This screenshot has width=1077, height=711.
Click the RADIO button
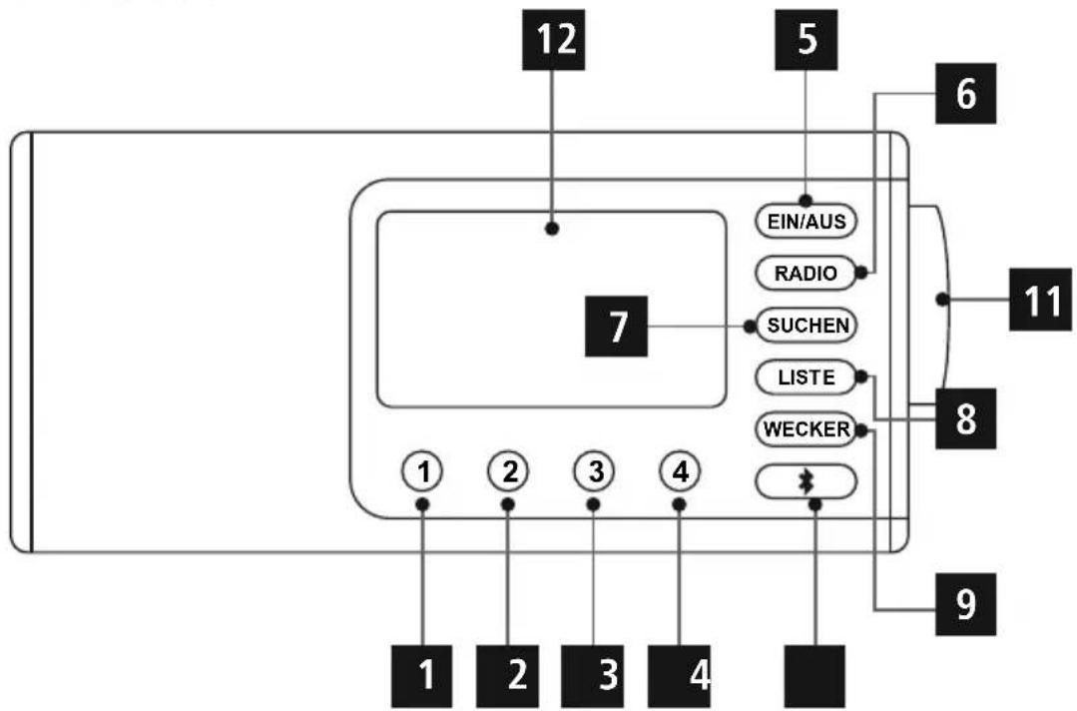[806, 273]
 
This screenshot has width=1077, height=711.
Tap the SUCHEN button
[807, 325]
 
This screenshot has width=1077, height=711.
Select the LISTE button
[807, 377]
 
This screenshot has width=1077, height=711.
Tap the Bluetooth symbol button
[807, 481]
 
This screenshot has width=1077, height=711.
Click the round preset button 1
[423, 472]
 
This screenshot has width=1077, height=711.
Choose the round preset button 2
[508, 472]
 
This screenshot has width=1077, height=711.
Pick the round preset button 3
[595, 472]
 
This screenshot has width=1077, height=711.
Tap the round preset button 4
[680, 472]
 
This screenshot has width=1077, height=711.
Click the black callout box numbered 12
[554, 40]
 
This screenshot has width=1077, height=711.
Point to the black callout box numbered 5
[807, 40]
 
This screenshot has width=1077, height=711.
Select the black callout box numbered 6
[966, 94]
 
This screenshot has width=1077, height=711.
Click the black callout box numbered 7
[616, 327]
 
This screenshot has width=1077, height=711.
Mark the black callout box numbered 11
[1040, 300]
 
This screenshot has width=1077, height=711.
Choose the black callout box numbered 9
[966, 604]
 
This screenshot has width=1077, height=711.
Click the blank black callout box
[815, 676]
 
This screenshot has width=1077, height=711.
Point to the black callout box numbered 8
[966, 418]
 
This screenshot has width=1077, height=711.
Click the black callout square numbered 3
[593, 676]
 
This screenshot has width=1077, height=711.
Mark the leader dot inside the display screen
[552, 229]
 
